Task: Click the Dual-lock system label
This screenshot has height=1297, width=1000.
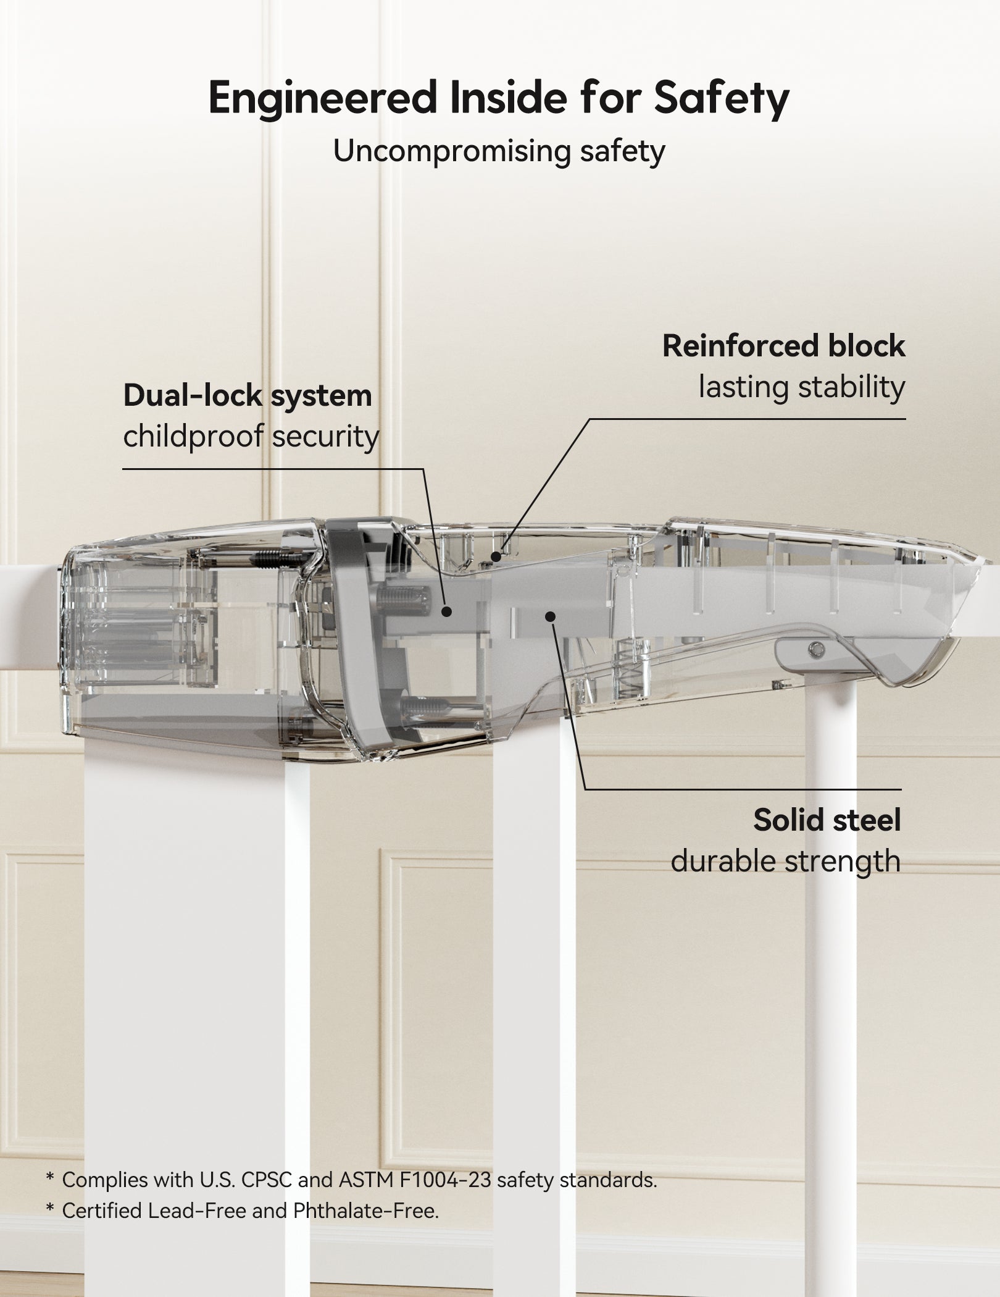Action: tap(248, 396)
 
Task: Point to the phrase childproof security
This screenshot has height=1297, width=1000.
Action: tap(251, 437)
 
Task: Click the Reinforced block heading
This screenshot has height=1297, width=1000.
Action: tap(783, 346)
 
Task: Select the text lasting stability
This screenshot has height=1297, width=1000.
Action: tap(801, 388)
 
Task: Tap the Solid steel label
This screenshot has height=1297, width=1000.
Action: tap(827, 820)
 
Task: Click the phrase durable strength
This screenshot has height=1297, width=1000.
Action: tap(785, 861)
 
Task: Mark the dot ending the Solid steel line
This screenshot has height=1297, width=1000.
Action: tap(551, 616)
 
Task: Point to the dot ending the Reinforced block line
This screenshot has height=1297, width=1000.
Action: tap(496, 556)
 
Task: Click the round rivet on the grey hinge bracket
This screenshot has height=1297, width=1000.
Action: tap(818, 648)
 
